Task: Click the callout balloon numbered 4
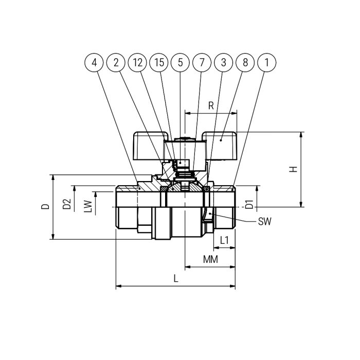pos(94,62)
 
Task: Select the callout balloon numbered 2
pos(116,62)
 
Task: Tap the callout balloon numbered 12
pos(137,62)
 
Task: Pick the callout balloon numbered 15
pos(159,62)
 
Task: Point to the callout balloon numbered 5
pos(180,62)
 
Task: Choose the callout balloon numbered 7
pos(202,62)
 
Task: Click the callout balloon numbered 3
pos(223,62)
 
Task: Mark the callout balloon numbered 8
pos(245,62)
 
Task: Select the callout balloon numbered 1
pos(267,62)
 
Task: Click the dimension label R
pos(211,105)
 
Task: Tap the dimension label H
pos(293,169)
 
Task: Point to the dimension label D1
pos(249,204)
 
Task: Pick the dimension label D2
pos(67,204)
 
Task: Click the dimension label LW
pos(88,206)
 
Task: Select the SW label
pos(265,222)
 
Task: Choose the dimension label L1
pos(224,240)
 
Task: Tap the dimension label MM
pos(210,259)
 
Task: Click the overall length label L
pos(176,279)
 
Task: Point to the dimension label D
pos(45,206)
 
